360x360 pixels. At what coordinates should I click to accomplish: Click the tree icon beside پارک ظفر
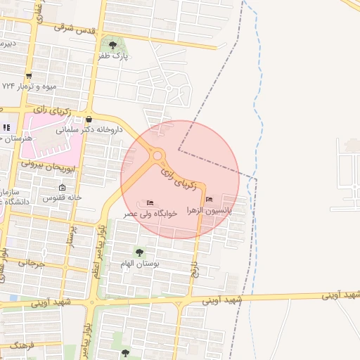pos(113,46)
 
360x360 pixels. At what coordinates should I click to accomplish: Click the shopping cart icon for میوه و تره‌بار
pos(28,75)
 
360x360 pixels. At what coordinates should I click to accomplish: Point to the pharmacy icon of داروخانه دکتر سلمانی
pos(89,119)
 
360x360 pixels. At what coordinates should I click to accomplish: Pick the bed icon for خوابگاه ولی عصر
pos(150,202)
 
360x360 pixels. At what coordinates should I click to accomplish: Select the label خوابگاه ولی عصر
pos(151,213)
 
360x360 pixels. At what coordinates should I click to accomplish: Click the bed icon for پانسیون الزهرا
pos(209,199)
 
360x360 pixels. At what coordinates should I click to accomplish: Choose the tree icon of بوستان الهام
pos(139,252)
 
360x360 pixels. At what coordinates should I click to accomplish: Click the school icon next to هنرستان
pos(6,127)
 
